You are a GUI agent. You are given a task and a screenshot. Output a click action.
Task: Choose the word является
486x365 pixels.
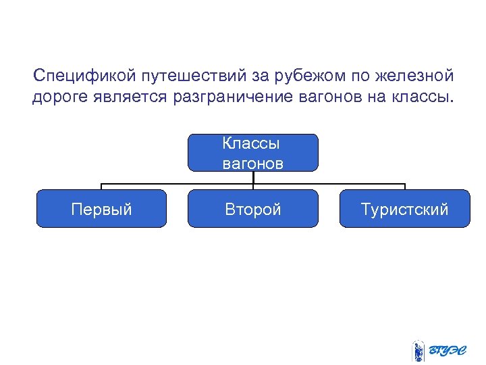click(x=131, y=97)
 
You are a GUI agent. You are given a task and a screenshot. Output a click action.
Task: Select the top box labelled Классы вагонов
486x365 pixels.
click(x=253, y=153)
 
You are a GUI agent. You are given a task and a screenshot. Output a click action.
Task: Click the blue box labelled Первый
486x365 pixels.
click(x=101, y=209)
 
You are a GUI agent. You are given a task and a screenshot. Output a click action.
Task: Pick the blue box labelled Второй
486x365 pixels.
click(x=253, y=209)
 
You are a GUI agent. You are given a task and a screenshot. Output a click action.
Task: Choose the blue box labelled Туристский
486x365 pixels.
click(x=405, y=209)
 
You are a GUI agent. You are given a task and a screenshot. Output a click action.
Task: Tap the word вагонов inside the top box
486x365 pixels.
click(x=253, y=163)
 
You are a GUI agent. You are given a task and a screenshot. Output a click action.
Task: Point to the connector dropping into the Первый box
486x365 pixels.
click(x=101, y=186)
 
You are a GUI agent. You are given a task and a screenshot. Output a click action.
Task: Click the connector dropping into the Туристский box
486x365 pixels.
click(x=405, y=186)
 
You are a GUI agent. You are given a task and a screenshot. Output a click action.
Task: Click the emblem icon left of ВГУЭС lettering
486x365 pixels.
click(x=418, y=351)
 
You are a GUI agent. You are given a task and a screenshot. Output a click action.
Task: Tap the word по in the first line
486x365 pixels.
click(x=354, y=75)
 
